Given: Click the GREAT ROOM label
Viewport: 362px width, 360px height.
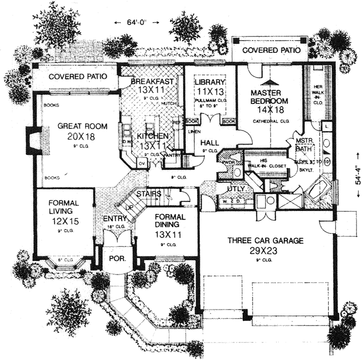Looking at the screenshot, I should point(76,126).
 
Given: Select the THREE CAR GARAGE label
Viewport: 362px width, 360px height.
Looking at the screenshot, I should point(266,240).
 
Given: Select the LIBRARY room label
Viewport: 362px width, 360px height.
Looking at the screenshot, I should point(209,81).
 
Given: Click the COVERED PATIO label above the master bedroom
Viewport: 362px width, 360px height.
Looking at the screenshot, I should point(271,50).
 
